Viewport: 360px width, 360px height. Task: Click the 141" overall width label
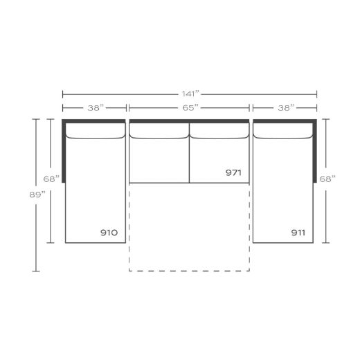[189, 93]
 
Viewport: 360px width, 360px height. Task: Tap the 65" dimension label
[190, 107]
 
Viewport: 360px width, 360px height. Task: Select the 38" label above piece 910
[96, 107]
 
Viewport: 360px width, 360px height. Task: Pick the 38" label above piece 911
[286, 107]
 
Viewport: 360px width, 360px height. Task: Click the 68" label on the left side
[51, 179]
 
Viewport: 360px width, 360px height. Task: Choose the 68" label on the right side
[328, 179]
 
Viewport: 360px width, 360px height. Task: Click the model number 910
[109, 233]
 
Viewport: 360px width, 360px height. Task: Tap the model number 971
[234, 172]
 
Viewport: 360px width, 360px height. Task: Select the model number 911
[299, 233]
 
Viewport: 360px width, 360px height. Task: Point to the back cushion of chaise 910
[95, 132]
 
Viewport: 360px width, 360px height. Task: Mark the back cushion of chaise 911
[284, 132]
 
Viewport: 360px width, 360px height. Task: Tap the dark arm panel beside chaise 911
[316, 149]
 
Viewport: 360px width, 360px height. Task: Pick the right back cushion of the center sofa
[219, 132]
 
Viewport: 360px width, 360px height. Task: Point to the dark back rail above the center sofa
[189, 121]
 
